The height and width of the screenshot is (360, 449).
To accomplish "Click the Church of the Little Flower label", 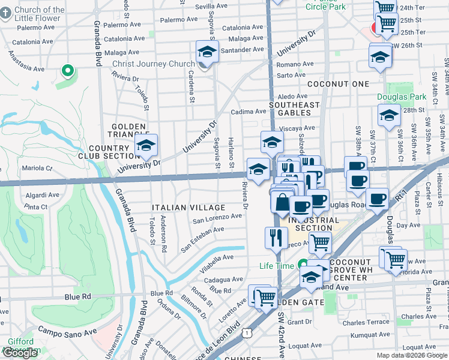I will (x=40, y=14).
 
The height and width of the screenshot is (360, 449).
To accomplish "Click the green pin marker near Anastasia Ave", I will (x=68, y=72).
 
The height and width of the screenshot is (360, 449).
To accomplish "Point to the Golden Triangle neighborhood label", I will (x=127, y=131).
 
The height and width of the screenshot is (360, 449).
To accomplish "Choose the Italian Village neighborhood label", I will (x=188, y=207).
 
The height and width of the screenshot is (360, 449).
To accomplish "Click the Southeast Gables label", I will (x=294, y=109).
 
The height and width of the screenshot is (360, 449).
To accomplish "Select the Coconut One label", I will (x=338, y=84).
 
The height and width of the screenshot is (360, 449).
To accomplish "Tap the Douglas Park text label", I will (x=401, y=97).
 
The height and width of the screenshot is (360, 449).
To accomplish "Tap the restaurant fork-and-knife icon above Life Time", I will (x=276, y=237).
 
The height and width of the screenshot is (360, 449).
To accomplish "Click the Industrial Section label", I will (x=310, y=224).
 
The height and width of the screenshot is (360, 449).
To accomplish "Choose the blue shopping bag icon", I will (x=282, y=203).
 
